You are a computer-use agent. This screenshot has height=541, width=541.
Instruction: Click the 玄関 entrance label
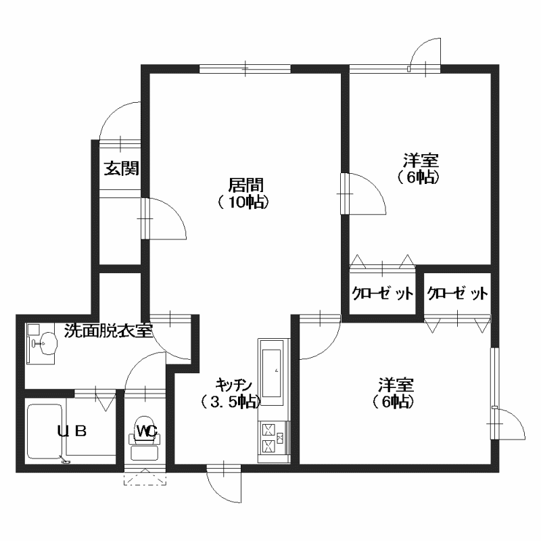[x=122, y=168]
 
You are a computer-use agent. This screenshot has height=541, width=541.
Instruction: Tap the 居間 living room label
[x=246, y=185]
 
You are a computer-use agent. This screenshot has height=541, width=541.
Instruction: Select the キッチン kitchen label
[x=234, y=384]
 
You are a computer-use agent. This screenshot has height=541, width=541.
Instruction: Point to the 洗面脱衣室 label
[x=108, y=331]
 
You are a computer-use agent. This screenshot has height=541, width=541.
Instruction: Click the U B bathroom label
[x=72, y=431]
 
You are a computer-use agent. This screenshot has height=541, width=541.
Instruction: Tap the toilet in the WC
[x=145, y=438]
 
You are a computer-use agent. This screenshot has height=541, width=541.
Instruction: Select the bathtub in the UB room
[x=45, y=431]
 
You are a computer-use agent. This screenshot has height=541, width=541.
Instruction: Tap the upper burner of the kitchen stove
[x=268, y=430]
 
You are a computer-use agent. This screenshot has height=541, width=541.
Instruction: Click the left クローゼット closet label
[x=382, y=293]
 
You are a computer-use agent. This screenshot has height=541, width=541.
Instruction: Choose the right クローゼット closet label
[x=458, y=293]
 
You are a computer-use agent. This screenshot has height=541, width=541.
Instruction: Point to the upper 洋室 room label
[x=421, y=160]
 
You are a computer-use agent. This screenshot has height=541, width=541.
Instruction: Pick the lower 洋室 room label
[x=396, y=385]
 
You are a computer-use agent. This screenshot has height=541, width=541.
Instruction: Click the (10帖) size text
[x=243, y=202]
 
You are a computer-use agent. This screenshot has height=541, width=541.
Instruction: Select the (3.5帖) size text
[x=231, y=402]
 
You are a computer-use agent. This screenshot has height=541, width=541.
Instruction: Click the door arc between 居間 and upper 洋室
[x=374, y=187]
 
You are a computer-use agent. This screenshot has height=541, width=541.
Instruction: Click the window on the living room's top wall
[x=245, y=69]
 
